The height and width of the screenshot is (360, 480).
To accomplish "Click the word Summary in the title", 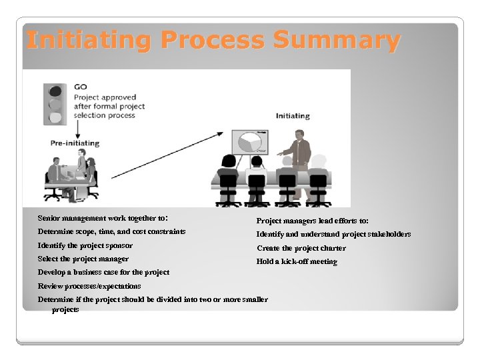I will coord(336,41).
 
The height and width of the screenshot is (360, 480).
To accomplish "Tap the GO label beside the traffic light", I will coord(81,87).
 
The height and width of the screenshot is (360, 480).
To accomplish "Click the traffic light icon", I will coord(55,103).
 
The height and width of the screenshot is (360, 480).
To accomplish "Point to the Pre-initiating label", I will coord(75,143).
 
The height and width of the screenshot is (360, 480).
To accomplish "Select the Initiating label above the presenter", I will coord(293,116).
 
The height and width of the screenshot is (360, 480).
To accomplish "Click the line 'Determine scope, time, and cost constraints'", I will coord(111,231).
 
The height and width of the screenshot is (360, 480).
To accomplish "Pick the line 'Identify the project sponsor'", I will coord(85,245).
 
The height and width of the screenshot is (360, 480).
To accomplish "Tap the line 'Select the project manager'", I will coord(83,259).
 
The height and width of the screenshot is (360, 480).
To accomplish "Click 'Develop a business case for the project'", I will coord(103,272).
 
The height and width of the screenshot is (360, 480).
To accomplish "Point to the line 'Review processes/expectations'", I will coord(89,286).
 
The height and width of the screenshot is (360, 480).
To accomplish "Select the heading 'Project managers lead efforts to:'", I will coord(313,221).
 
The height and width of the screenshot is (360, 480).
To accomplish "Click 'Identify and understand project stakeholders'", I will coord(333,234).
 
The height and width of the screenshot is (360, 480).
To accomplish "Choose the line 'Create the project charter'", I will coord(301,248).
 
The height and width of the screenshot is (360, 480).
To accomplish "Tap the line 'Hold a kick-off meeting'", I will coord(297,261).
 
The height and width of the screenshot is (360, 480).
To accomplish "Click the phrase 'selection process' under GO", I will coord(104,115).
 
